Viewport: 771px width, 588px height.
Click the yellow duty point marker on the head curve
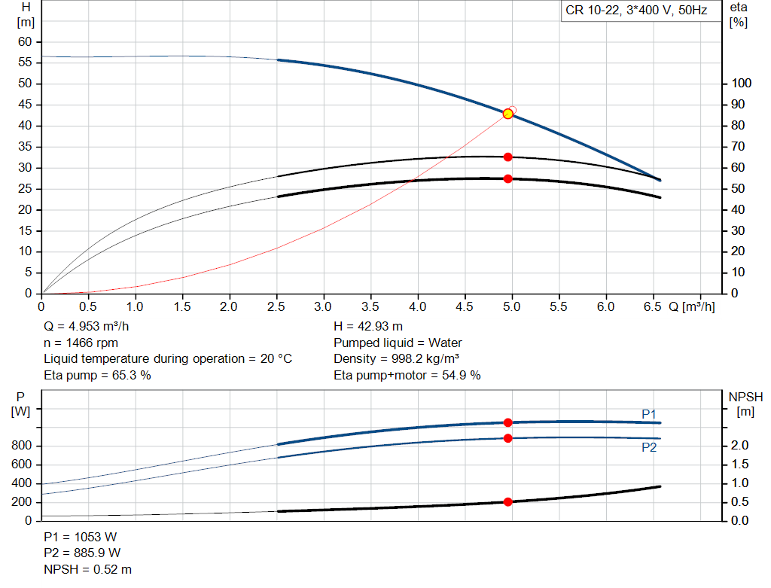coord(508,114)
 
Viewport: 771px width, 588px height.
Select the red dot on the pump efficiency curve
coord(508,157)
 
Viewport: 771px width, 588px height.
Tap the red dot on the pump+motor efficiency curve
coord(508,178)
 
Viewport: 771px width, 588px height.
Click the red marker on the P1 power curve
coord(508,422)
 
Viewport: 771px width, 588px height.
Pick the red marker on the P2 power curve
coord(508,438)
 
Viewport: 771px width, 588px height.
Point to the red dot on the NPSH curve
coord(508,501)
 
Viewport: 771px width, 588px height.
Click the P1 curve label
coord(649,414)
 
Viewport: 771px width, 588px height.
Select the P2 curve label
coord(649,447)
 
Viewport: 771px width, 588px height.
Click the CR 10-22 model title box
coord(637,11)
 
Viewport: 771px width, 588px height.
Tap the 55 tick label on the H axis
coord(25,62)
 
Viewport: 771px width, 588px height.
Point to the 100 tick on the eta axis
coord(742,83)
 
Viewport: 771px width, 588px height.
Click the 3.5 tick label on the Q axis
coord(370,306)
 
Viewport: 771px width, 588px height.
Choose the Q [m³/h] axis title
coord(692,306)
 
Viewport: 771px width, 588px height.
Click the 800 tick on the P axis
coord(22,446)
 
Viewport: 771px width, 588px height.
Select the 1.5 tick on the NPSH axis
coord(739,464)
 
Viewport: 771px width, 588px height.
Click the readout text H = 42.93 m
coord(368,327)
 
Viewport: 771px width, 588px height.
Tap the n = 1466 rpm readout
coord(81,343)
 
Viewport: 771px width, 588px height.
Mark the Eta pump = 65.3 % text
coord(97,376)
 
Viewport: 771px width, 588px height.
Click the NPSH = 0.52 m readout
coord(88,570)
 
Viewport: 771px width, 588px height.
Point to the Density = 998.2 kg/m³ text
coord(397,359)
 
